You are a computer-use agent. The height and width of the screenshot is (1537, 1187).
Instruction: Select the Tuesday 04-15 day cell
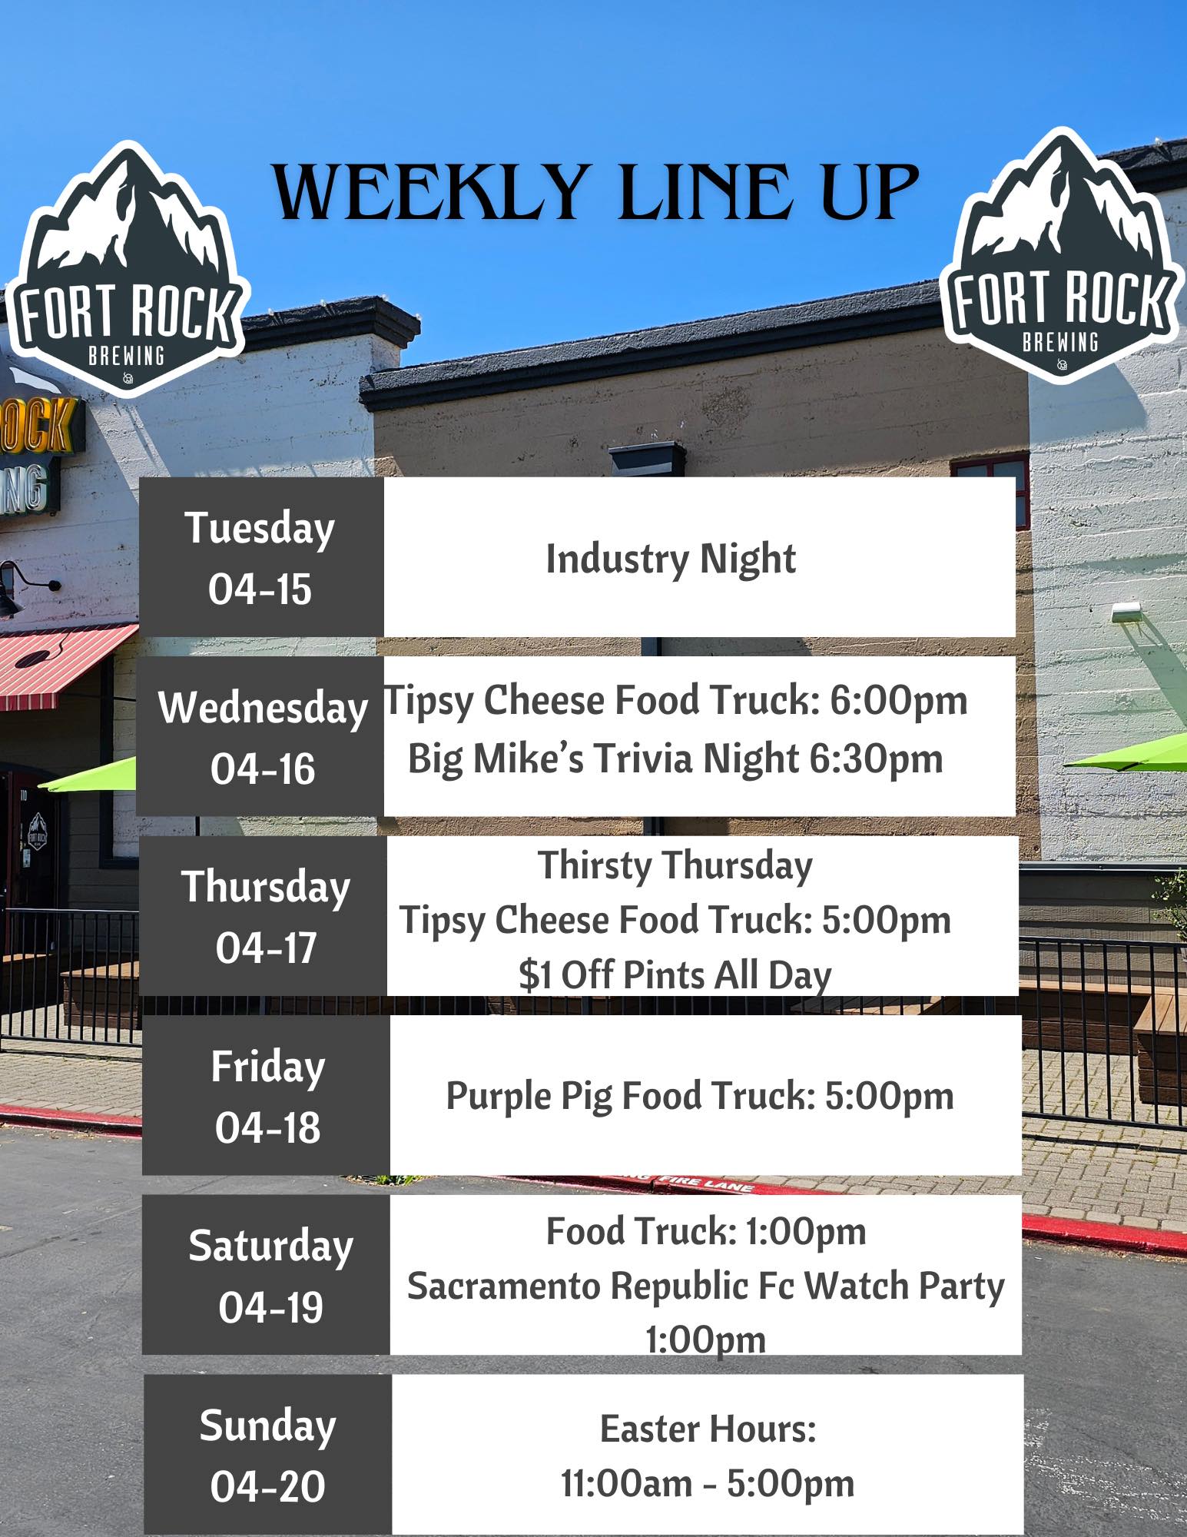click(261, 557)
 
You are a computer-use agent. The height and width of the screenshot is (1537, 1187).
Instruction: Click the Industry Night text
click(671, 559)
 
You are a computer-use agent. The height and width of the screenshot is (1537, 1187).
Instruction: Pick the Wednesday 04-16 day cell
click(261, 736)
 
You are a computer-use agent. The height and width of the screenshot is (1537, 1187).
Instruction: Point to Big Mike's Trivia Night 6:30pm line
click(675, 759)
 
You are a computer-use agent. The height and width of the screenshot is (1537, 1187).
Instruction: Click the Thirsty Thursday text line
click(675, 866)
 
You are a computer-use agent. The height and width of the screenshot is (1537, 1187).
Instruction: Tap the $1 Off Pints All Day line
click(675, 975)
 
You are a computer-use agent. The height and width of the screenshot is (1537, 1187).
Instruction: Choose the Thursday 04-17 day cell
click(264, 916)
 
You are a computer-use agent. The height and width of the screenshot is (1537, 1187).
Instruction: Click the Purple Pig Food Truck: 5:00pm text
click(700, 1096)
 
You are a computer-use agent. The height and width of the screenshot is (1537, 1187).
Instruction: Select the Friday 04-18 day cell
click(267, 1095)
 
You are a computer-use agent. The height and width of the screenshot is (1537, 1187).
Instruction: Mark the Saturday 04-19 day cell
click(267, 1275)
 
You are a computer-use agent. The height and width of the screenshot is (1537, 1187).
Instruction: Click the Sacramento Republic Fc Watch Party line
click(706, 1286)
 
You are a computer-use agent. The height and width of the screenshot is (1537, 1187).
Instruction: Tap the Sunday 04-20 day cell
click(268, 1454)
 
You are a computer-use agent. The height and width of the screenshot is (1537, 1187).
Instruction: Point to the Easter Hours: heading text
click(708, 1429)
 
